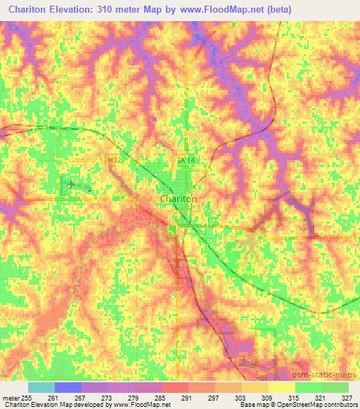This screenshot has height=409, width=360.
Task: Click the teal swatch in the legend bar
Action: click(41, 387)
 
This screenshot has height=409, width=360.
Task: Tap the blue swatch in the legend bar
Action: click(68, 387)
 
